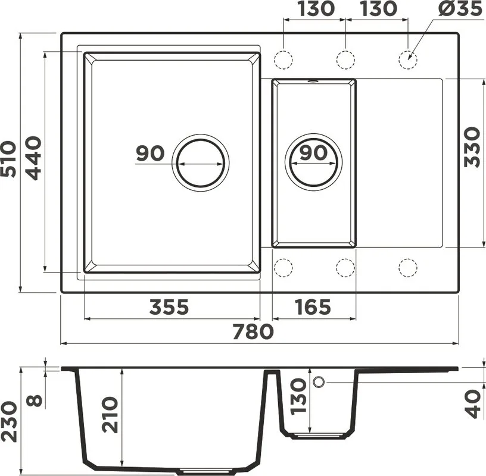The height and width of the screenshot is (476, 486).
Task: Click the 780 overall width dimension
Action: [x=253, y=331]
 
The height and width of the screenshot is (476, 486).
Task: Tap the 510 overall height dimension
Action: [x=8, y=159]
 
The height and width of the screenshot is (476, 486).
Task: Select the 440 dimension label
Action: [x=33, y=158]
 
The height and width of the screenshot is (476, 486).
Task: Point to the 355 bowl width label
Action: [x=169, y=307]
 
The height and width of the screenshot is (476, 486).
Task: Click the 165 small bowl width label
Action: [x=313, y=307]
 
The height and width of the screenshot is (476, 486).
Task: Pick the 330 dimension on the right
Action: [x=472, y=147]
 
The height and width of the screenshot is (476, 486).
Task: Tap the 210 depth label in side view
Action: [x=110, y=415]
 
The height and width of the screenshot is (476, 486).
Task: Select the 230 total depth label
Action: [x=8, y=422]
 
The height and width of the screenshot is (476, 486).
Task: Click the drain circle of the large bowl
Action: [x=201, y=163]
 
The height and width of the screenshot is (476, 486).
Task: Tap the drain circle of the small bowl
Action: [x=313, y=163]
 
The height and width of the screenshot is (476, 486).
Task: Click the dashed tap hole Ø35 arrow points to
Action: [x=407, y=59]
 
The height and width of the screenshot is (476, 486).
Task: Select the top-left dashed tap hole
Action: [x=283, y=59]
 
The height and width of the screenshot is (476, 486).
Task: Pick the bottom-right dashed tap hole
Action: [x=407, y=267]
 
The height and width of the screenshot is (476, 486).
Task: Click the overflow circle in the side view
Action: [x=319, y=382]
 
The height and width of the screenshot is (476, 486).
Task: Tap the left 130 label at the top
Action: [x=316, y=8]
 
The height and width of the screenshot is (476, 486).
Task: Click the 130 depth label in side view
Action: [x=298, y=397]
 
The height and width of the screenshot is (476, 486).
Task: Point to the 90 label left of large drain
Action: [x=150, y=154]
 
